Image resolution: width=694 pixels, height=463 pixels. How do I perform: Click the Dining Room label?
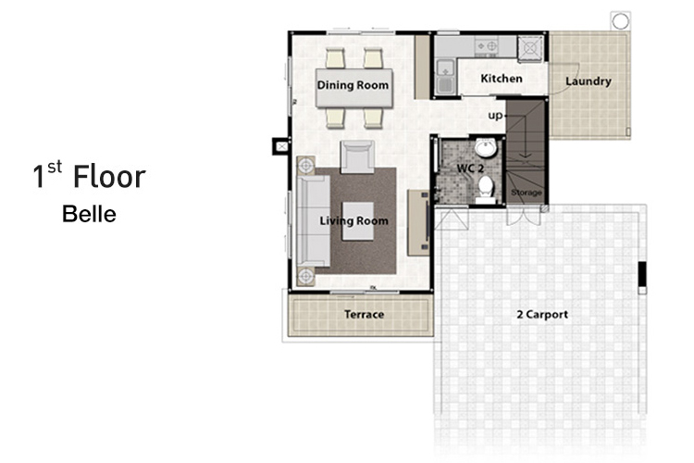[353, 85]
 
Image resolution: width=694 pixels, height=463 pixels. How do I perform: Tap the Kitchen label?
[502, 79]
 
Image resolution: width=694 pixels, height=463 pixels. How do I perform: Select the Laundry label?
[589, 81]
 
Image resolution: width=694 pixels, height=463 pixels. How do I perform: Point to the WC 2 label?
[470, 169]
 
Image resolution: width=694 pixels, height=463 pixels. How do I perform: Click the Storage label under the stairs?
[527, 193]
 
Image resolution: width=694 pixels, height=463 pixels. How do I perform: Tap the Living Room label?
[354, 220]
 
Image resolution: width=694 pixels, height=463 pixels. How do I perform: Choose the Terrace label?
[364, 314]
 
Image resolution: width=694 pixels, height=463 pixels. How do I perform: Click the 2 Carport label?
[542, 314]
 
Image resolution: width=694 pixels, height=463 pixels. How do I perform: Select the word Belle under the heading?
[89, 214]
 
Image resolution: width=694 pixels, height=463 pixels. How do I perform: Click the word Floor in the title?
[109, 176]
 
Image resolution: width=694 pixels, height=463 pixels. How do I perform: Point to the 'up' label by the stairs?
[495, 116]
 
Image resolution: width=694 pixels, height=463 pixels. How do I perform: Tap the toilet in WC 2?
[486, 189]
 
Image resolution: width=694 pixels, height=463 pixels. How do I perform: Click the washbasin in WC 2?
[486, 148]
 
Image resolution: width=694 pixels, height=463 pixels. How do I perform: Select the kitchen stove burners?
[487, 46]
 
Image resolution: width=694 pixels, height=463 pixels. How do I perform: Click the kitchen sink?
[445, 77]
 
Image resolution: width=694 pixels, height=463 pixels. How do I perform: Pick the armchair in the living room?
[357, 156]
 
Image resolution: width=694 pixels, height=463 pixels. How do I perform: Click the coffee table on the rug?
[358, 221]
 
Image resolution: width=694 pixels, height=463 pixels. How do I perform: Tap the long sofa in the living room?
[314, 220]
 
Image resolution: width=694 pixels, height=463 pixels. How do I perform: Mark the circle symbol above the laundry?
[620, 20]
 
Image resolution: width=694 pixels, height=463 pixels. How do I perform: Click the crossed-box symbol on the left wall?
[281, 145]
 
